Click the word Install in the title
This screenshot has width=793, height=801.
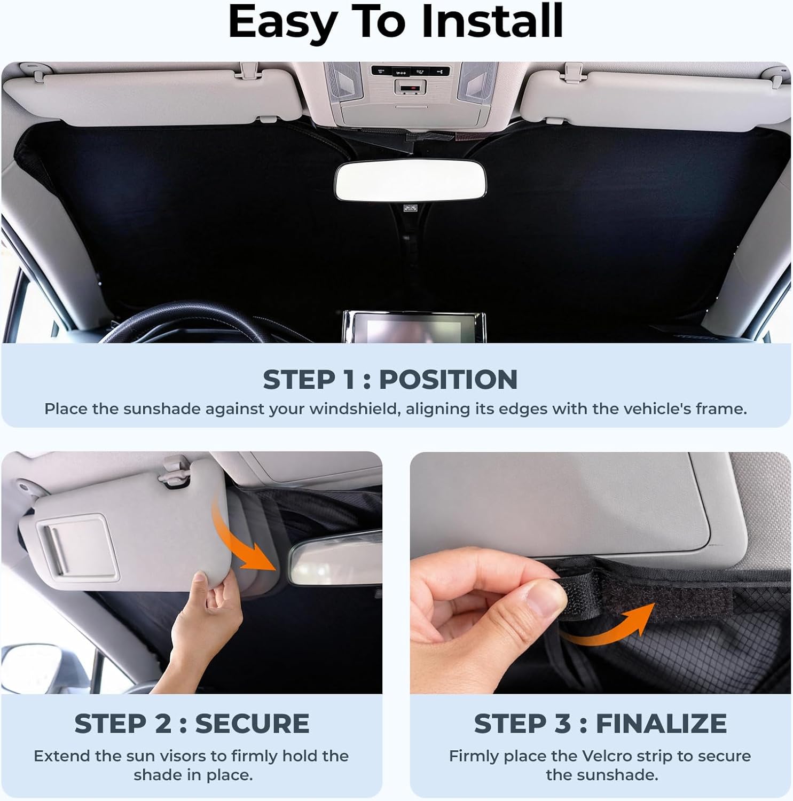(492, 22)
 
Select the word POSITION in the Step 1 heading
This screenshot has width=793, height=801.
(448, 380)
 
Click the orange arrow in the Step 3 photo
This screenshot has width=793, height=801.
(614, 625)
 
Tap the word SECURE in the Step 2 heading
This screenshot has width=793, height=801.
(252, 724)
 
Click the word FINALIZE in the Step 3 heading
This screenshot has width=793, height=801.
(661, 724)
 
